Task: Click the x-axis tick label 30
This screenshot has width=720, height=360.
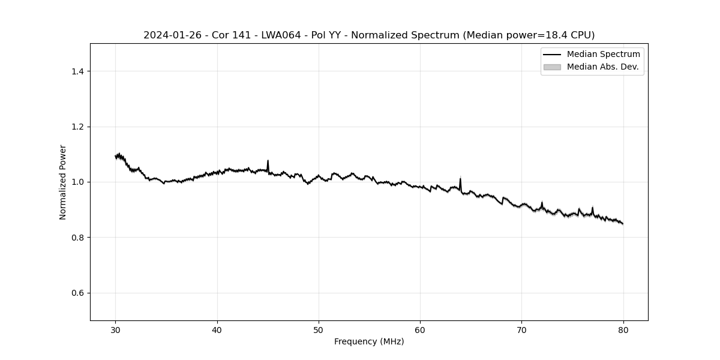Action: pyautogui.click(x=116, y=329)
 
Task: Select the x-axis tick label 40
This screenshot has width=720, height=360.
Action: pyautogui.click(x=217, y=329)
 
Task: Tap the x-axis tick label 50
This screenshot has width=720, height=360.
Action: pyautogui.click(x=319, y=329)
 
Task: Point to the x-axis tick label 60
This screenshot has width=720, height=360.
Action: pyautogui.click(x=420, y=329)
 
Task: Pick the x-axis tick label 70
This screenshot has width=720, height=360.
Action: pyautogui.click(x=521, y=329)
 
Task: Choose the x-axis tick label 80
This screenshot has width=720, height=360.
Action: pyautogui.click(x=623, y=329)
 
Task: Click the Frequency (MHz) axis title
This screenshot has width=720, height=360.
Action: pyautogui.click(x=369, y=341)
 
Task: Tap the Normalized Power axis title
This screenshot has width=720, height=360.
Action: pyautogui.click(x=63, y=182)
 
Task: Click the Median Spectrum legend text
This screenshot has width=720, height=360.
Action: pyautogui.click(x=603, y=55)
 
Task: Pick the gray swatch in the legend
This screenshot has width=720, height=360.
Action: pyautogui.click(x=552, y=67)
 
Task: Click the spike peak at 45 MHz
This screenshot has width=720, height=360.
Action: pyautogui.click(x=268, y=161)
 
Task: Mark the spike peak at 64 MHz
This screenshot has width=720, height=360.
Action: pyautogui.click(x=460, y=179)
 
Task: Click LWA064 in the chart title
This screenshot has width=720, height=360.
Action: pyautogui.click(x=281, y=35)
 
